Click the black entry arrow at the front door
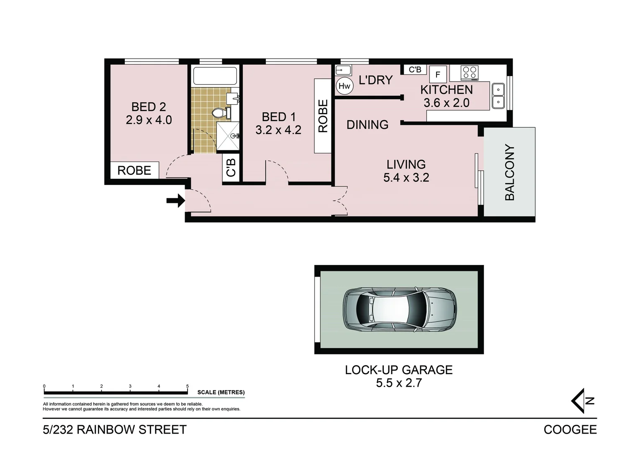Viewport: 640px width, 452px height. coord(176,201)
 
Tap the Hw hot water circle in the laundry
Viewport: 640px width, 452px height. coord(344,86)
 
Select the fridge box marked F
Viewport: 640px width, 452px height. coord(438,74)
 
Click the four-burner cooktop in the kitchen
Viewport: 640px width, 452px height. coord(469,73)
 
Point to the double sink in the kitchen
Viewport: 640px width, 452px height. coord(498,96)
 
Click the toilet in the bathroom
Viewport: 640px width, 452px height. coord(219,113)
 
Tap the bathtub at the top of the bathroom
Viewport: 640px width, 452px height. coord(215,76)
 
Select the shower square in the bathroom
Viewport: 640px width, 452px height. coord(228,136)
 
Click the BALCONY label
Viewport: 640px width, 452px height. coord(509,172)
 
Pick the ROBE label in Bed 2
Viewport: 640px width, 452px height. coord(134,170)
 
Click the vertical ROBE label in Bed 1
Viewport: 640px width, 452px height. coord(323,116)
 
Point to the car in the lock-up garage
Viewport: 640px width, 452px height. coord(399,309)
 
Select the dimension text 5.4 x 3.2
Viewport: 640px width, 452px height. coord(406,177)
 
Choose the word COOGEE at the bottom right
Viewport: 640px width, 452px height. coord(570,430)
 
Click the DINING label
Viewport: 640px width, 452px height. coord(368,125)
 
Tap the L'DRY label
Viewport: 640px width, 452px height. coord(376,80)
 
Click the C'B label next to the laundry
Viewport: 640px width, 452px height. coord(415,69)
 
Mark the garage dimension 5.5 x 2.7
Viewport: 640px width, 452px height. coord(398,383)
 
